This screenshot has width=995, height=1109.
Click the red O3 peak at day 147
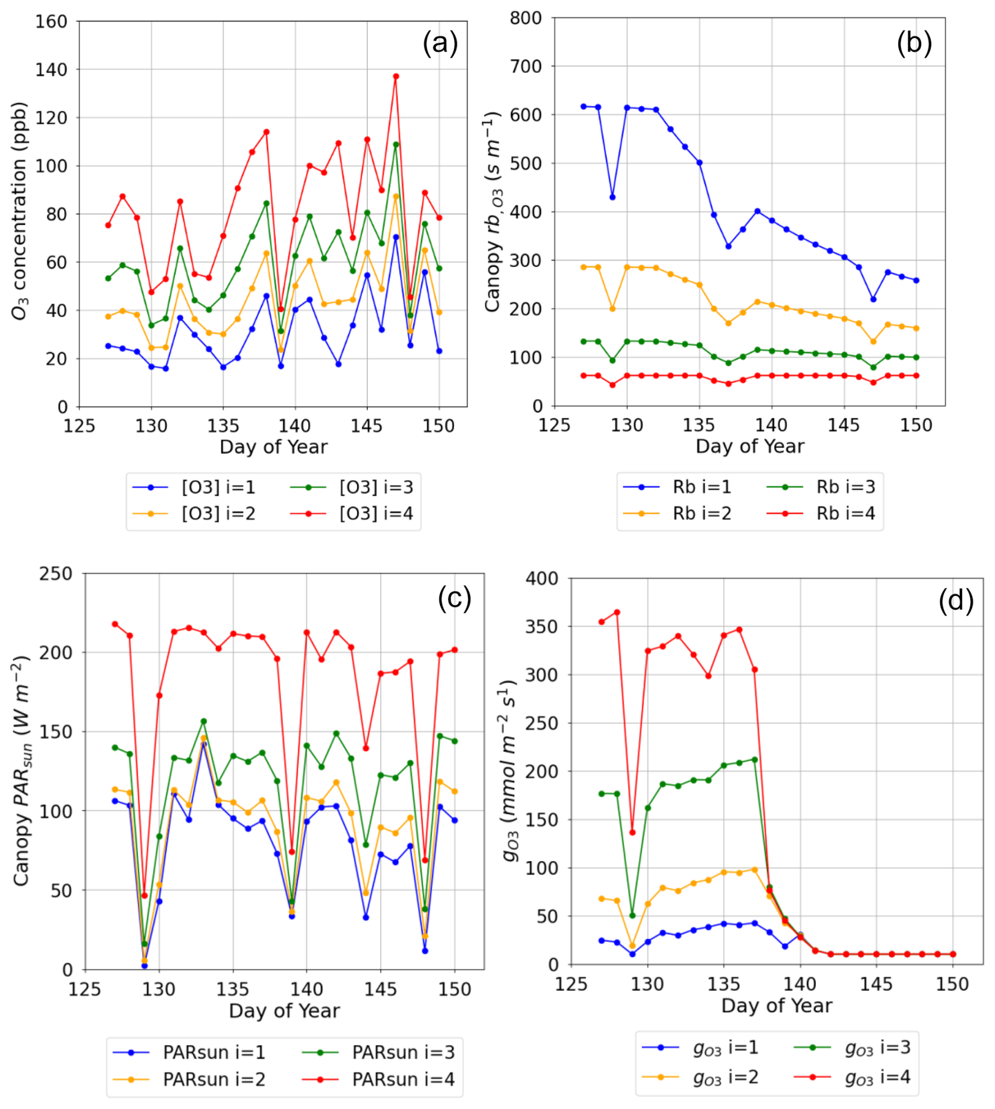pyautogui.click(x=396, y=77)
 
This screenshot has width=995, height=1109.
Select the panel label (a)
pyautogui.click(x=440, y=43)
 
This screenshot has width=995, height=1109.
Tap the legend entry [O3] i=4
pyautogui.click(x=375, y=513)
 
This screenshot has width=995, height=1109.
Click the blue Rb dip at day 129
pyautogui.click(x=612, y=197)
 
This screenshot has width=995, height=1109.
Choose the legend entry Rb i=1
pyautogui.click(x=702, y=487)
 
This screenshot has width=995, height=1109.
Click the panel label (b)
pyautogui.click(x=914, y=43)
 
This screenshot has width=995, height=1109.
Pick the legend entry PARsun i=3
pyautogui.click(x=403, y=1052)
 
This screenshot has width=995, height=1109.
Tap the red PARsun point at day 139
pyautogui.click(x=292, y=851)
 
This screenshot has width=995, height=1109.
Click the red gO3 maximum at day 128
pyautogui.click(x=617, y=612)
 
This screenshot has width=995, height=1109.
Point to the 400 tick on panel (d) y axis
pyautogui.click(x=541, y=579)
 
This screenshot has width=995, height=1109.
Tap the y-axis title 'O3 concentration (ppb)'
pyautogui.click(x=19, y=210)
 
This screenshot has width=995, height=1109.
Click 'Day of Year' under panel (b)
pyautogui.click(x=749, y=446)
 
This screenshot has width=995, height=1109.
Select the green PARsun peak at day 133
pyautogui.click(x=204, y=721)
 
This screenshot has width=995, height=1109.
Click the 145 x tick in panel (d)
pyautogui.click(x=876, y=984)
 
